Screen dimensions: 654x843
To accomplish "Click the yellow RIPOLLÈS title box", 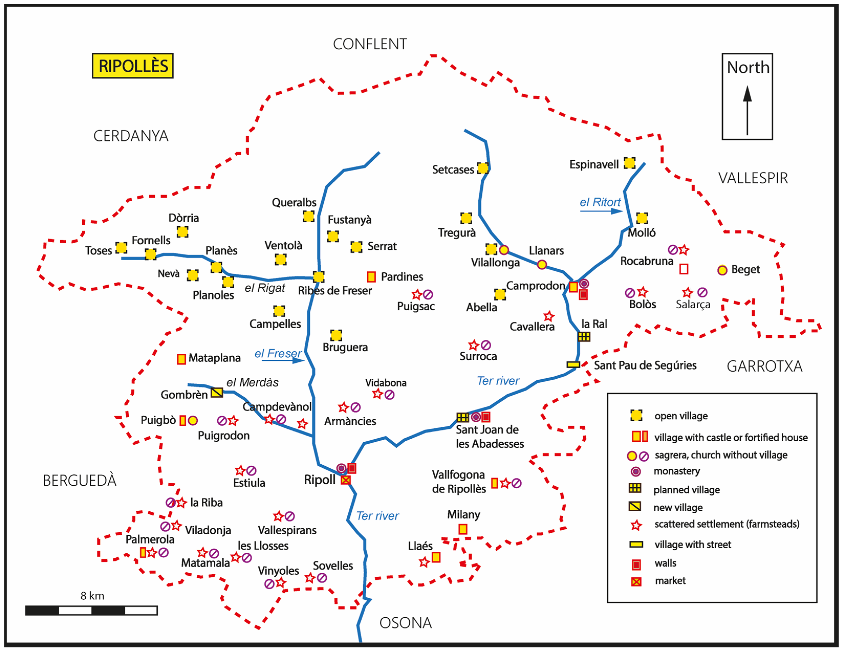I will (x=132, y=66).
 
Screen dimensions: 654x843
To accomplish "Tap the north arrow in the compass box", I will (x=747, y=110).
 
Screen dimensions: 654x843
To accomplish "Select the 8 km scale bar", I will (x=92, y=611).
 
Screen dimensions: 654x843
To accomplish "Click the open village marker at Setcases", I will (x=483, y=168).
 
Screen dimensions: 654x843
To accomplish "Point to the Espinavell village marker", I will (x=630, y=163).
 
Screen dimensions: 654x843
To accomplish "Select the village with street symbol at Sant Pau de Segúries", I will (x=573, y=365).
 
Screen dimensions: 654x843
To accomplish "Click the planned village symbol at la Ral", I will (x=584, y=337).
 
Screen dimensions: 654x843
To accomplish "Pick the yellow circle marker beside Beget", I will (x=722, y=270).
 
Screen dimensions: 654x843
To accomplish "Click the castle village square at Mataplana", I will (x=181, y=359).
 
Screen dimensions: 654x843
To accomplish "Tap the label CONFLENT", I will (x=370, y=44).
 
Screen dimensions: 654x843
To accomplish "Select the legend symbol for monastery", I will (x=636, y=471).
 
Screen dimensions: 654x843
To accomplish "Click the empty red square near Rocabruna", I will (x=684, y=269).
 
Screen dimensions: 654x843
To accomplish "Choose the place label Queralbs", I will (x=294, y=203).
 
